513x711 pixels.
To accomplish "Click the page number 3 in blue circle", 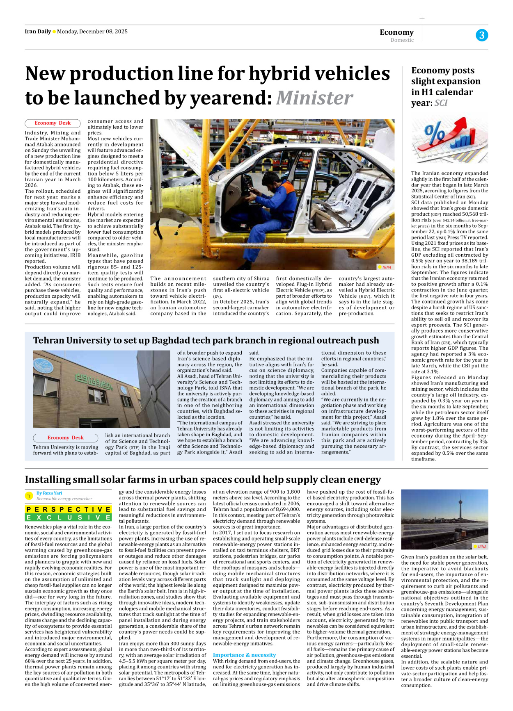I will [481, 35].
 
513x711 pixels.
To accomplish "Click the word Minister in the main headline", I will [314, 98].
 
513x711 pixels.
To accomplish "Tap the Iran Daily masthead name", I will [38, 32].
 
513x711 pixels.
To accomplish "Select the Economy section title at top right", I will [396, 32].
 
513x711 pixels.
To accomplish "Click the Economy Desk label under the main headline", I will [53, 123].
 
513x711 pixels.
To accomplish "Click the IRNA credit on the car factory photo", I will [386, 267].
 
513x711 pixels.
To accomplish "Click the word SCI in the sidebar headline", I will [441, 103].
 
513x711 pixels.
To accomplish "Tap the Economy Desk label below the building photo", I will [65, 438].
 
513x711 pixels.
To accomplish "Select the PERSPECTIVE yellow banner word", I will [68, 509].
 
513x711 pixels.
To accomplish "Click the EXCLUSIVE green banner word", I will [68, 517].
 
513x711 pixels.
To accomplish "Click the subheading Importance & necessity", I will [244, 655].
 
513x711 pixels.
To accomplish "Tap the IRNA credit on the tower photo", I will [481, 546].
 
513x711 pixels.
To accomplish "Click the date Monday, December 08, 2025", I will [92, 32].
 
